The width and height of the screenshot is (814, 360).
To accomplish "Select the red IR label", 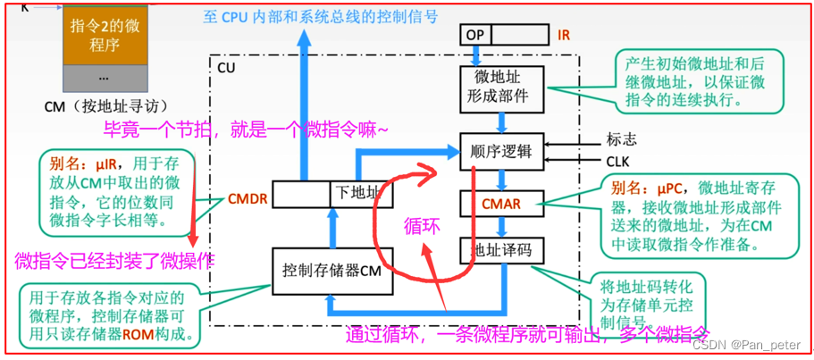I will pyautogui.click(x=564, y=35).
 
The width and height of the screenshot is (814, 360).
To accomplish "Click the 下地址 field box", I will pyautogui.click(x=357, y=193).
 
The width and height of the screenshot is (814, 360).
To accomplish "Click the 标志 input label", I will pyautogui.click(x=622, y=140).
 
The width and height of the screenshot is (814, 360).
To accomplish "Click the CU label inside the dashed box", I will pyautogui.click(x=227, y=67).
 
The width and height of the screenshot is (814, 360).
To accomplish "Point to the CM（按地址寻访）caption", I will pyautogui.click(x=105, y=105).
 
